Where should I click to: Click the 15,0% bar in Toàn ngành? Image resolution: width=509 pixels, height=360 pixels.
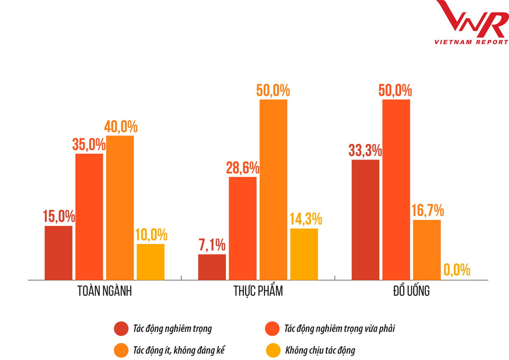tap(59, 253)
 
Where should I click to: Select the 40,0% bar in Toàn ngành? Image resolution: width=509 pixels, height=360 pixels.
tap(120, 208)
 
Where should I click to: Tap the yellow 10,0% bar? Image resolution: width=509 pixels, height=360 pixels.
tap(151, 262)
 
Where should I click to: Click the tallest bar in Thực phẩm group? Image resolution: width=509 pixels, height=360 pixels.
tap(273, 190)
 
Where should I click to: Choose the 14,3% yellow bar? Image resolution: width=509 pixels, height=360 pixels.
tap(304, 254)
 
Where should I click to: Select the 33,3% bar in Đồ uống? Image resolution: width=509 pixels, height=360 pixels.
tap(365, 220)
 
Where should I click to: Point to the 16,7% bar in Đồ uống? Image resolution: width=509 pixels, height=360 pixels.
tap(427, 250)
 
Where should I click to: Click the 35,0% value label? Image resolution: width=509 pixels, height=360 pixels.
tap(89, 145)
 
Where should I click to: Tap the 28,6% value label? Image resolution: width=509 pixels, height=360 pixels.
tap(243, 168)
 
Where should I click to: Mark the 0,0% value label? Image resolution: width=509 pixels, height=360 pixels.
tap(457, 270)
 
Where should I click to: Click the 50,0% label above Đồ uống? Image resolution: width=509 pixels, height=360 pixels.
tap(396, 91)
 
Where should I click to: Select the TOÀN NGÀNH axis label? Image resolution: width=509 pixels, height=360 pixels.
tap(105, 292)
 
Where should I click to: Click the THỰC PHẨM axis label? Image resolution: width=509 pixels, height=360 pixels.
tap(258, 292)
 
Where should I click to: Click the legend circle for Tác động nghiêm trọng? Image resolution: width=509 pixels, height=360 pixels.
tap(121, 329)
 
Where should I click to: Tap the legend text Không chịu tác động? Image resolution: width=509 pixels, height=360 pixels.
tap(320, 350)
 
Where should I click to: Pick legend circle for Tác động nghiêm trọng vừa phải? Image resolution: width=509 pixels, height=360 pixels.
tap(272, 329)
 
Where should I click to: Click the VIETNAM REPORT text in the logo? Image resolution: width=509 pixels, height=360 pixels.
tap(471, 42)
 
